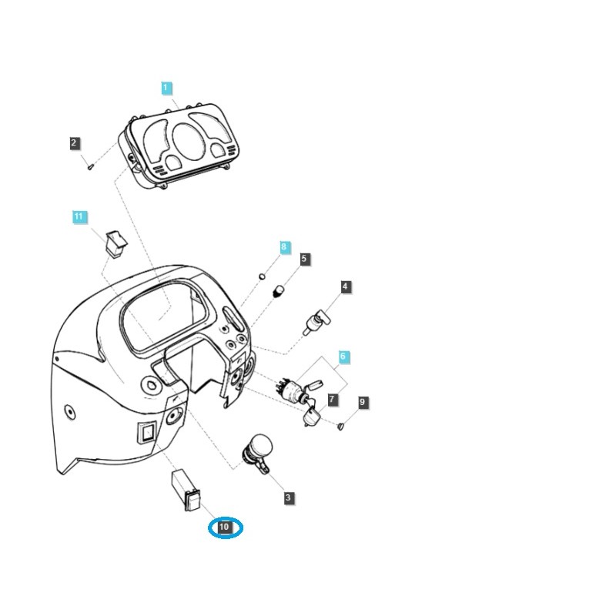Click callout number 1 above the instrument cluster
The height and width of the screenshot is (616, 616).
[166, 88]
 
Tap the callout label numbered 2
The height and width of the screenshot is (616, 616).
[74, 143]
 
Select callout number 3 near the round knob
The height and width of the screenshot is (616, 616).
[288, 497]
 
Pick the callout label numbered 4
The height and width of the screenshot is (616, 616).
[344, 286]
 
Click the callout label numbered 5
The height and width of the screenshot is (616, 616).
[303, 259]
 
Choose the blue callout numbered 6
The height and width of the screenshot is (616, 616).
[343, 357]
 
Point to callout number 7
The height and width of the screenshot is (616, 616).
[333, 400]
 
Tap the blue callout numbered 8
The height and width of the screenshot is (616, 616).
[284, 247]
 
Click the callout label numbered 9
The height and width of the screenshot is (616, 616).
[362, 402]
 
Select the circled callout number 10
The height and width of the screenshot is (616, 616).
[224, 527]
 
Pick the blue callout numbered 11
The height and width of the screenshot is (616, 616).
[79, 216]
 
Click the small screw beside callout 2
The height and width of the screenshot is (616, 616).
[90, 166]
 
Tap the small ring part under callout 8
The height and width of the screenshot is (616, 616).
[262, 276]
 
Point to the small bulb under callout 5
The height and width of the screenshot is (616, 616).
[278, 292]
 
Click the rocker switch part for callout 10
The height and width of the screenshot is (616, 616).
[186, 490]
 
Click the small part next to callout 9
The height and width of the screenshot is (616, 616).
[340, 426]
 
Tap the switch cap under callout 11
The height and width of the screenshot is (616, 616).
[116, 244]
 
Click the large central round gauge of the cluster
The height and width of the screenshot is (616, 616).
[189, 142]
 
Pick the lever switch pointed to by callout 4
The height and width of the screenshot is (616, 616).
[317, 323]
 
